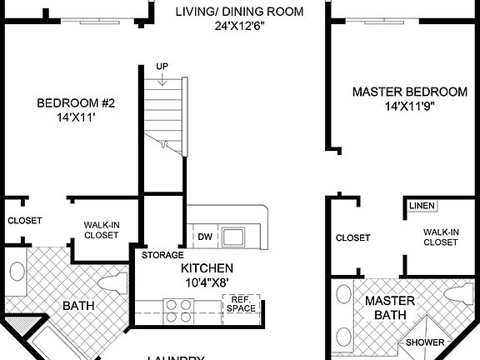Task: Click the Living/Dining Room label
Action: (x=238, y=12)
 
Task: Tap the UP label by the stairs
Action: (x=162, y=67)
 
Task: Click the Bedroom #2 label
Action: (x=75, y=103)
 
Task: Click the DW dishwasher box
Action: (x=204, y=237)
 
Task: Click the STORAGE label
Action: (x=162, y=255)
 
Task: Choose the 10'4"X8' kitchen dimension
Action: (x=207, y=282)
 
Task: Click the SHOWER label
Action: (x=424, y=342)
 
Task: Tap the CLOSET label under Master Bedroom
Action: (x=352, y=238)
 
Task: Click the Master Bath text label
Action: (x=389, y=307)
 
